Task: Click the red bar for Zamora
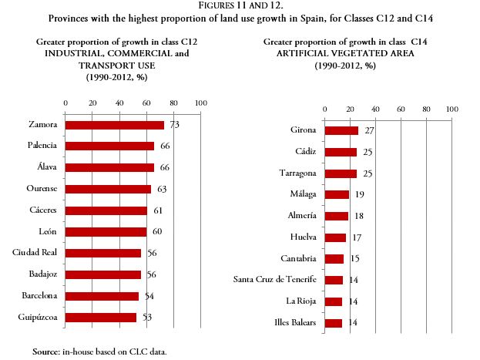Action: click(114, 125)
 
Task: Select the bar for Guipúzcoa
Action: click(101, 317)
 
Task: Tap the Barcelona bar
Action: click(102, 295)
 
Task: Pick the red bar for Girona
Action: click(341, 130)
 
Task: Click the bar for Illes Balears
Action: click(333, 323)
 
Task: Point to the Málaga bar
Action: click(337, 194)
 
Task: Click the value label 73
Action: click(174, 125)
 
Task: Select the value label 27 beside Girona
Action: click(369, 130)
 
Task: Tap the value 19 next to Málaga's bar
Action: click(360, 194)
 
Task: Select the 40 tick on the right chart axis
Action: click(376, 109)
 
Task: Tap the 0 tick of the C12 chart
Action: click(65, 103)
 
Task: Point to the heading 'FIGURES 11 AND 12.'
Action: click(240, 5)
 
